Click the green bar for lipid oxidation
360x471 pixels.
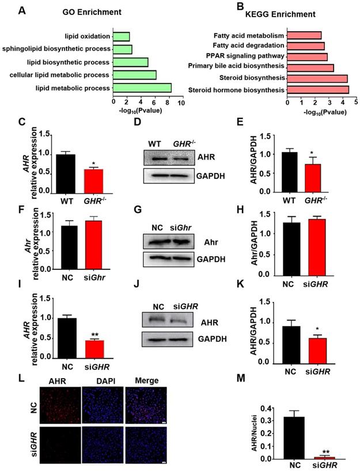(x=122, y=36)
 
